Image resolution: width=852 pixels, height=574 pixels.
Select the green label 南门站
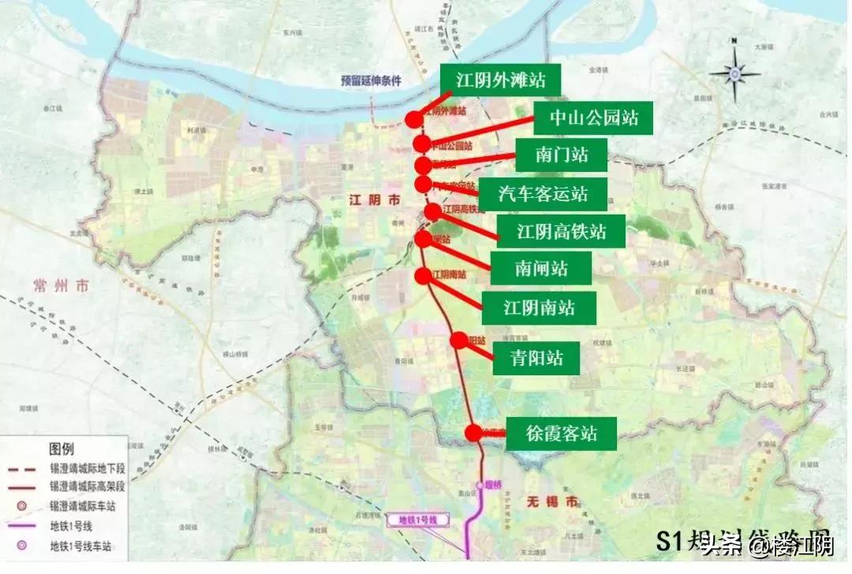(561, 155)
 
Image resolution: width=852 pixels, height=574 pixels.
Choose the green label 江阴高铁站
(561, 232)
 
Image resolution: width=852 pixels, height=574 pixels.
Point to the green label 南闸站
(541, 268)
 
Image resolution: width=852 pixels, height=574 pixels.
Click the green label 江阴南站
(539, 307)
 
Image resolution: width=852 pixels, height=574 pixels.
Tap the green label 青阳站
(536, 358)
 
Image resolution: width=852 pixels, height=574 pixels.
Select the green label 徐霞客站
(561, 434)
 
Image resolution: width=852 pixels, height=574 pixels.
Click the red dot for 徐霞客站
(473, 433)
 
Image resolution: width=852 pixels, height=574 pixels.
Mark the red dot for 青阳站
(459, 341)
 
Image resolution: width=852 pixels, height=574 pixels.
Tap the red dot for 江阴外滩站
(413, 119)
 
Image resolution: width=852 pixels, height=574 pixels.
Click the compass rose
(734, 73)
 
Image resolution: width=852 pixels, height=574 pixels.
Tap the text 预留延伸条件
(371, 80)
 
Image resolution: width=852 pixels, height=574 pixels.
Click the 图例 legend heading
(62, 449)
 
